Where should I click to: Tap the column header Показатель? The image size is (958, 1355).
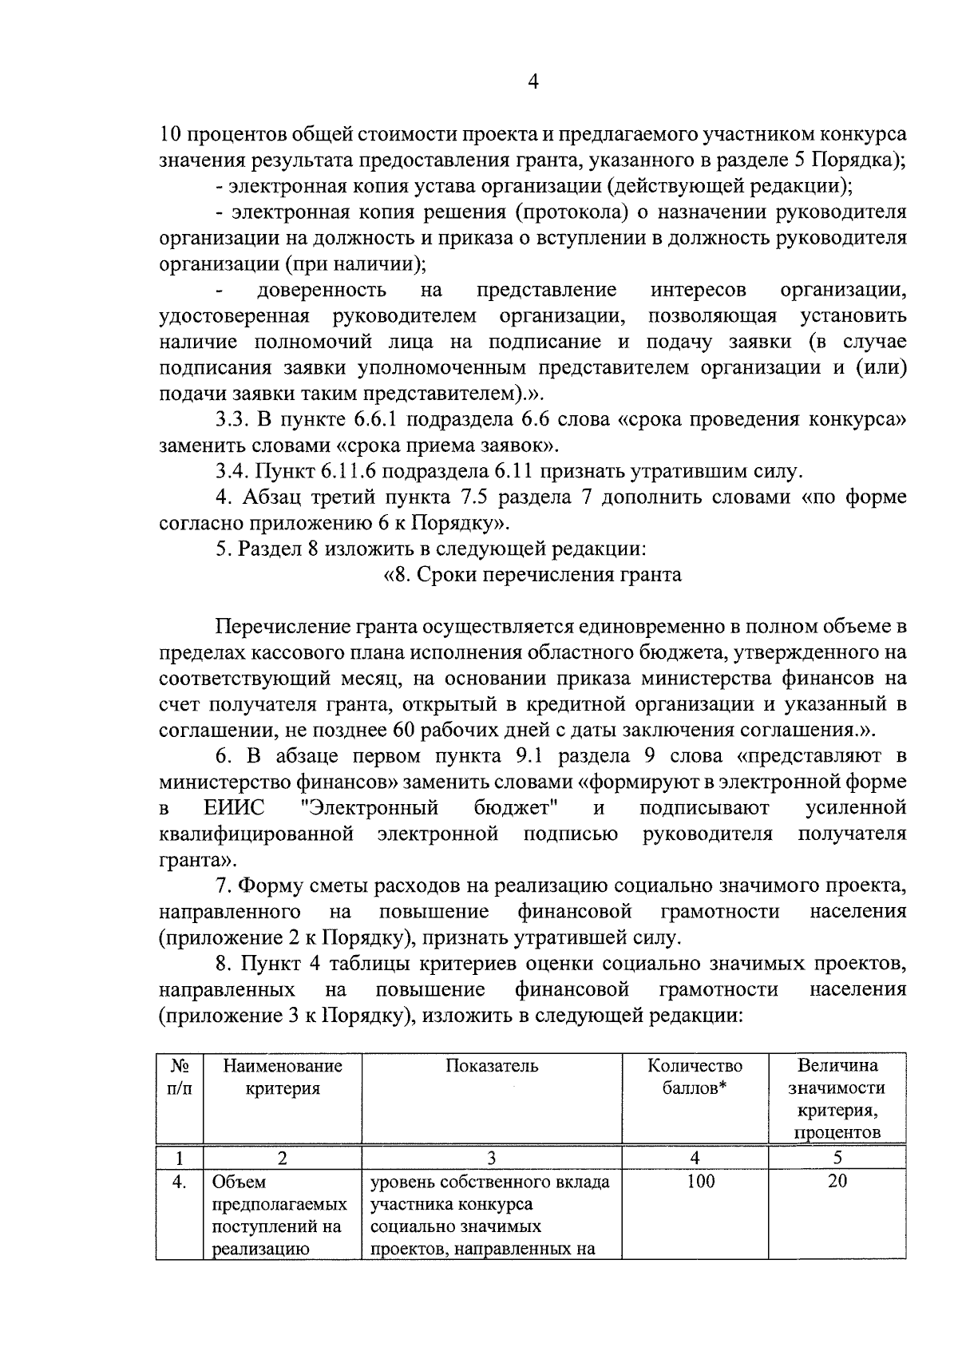492,1066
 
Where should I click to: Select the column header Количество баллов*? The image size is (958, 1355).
695,1077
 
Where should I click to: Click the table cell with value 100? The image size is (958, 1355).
700,1181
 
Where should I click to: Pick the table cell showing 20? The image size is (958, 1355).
837,1181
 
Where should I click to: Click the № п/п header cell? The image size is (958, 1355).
180,1077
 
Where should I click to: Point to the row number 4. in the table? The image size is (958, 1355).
180,1182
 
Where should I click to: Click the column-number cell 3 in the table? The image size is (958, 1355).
492,1158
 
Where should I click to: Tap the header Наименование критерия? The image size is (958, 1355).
283,1077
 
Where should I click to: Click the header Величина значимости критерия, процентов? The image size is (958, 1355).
837,1099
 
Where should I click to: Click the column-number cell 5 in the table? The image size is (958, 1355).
837,1158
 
